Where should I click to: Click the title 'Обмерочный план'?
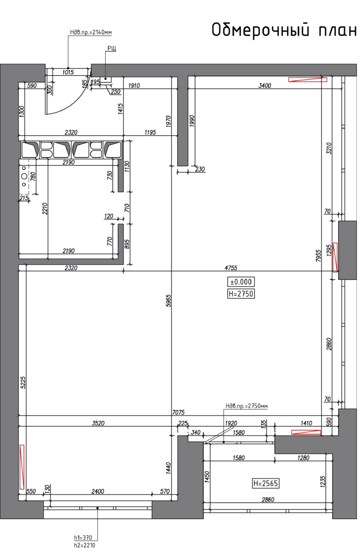(x=284, y=30)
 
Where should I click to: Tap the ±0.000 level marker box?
(x=241, y=282)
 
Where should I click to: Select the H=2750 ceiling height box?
(x=241, y=294)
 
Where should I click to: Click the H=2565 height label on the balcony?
(x=266, y=483)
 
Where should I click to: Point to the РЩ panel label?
(x=112, y=48)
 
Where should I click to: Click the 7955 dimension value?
(x=318, y=256)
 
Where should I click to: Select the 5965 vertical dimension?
(x=168, y=300)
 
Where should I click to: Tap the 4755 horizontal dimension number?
(x=231, y=268)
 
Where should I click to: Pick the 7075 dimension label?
(x=178, y=412)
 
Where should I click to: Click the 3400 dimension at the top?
(x=265, y=85)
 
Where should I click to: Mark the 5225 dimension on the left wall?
(x=23, y=382)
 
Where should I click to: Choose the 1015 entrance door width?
(x=68, y=72)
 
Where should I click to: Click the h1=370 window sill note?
(x=83, y=537)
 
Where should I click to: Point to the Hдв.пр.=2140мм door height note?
(x=91, y=32)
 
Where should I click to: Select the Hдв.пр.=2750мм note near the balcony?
(x=247, y=406)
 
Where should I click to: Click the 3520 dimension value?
(x=98, y=423)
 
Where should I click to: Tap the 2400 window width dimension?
(x=98, y=491)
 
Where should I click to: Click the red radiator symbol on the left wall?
(x=22, y=467)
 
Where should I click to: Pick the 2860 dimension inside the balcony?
(x=268, y=500)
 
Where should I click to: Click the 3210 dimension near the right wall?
(x=329, y=148)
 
